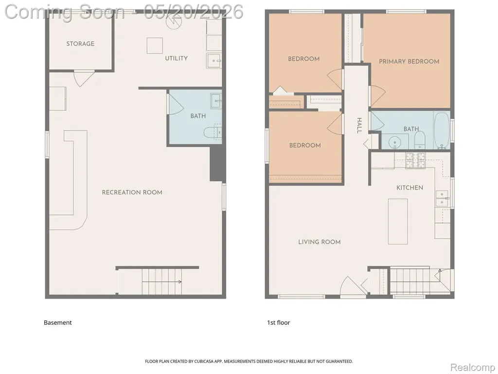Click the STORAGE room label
(x=80, y=44)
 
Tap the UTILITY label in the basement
(x=176, y=58)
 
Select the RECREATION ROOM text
(x=132, y=192)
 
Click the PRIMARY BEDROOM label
(x=409, y=61)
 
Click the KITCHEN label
(x=409, y=187)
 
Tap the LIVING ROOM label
(x=319, y=242)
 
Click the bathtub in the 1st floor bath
(x=442, y=130)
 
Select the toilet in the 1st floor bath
(x=420, y=140)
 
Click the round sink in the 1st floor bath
(x=395, y=142)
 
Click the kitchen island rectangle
(x=398, y=222)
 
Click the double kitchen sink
(x=442, y=199)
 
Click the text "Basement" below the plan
(x=58, y=322)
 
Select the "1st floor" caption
(x=279, y=322)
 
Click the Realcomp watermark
(x=473, y=367)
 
